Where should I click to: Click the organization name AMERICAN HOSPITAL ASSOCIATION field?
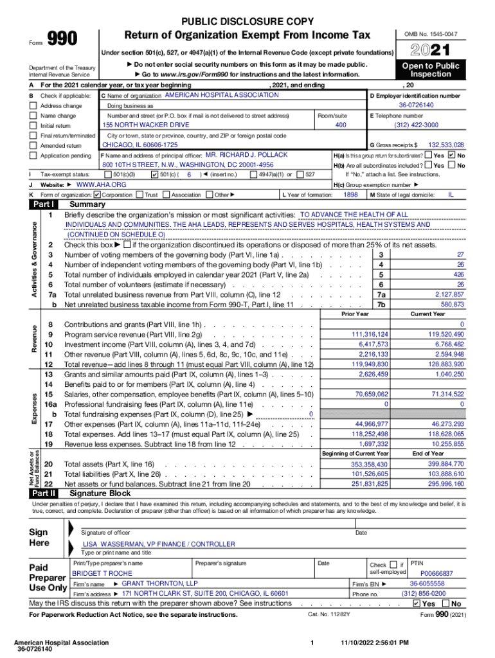tap(222, 95)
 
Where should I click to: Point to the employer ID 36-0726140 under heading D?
tap(416, 105)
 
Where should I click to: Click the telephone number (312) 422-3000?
tap(416, 125)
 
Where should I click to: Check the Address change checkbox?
tap(33, 105)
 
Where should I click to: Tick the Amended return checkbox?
tap(33, 146)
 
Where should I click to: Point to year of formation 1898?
tap(350, 194)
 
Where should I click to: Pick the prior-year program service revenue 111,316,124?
tap(369, 335)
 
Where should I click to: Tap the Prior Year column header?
tap(355, 314)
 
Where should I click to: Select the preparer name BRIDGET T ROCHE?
tap(102, 573)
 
